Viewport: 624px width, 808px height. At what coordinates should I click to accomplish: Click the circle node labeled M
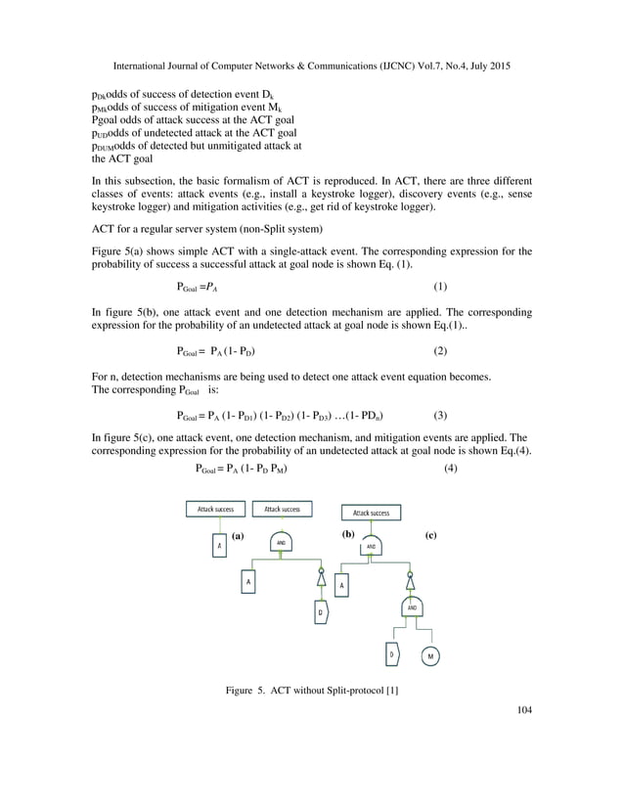[x=430, y=655]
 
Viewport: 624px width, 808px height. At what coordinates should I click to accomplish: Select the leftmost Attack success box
[x=215, y=509]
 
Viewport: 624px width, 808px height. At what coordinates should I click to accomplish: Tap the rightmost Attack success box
[x=371, y=513]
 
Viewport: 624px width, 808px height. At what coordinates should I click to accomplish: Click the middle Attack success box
[x=283, y=509]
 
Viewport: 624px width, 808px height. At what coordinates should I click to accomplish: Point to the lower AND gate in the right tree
[x=413, y=607]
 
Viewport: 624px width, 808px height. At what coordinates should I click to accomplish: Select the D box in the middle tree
[x=320, y=613]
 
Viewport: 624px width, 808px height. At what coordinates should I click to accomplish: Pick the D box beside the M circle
[x=391, y=654]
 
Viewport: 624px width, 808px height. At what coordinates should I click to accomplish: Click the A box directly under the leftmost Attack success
[x=219, y=545]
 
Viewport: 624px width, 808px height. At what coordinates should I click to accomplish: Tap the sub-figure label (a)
[x=237, y=536]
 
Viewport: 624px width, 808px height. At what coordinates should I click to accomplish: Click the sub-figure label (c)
[x=430, y=536]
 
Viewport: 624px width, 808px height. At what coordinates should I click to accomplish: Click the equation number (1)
[x=440, y=287]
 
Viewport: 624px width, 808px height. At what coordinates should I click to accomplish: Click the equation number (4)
[x=450, y=468]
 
